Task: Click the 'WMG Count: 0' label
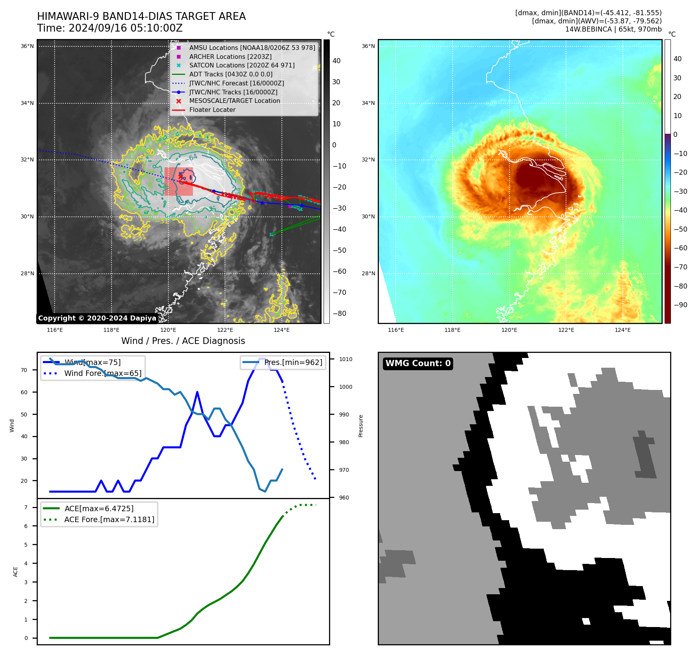pos(418,363)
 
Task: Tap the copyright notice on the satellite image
pos(97,318)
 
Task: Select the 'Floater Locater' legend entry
pos(212,110)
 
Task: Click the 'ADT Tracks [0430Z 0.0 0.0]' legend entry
pos(231,74)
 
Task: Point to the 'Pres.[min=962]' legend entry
pos(293,363)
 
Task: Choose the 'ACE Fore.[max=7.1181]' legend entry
pos(109,519)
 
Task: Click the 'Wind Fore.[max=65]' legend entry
pos(103,373)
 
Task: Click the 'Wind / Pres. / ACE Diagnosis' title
pos(183,341)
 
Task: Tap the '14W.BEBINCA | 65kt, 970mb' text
pos(613,29)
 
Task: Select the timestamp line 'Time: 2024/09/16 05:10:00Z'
pos(110,28)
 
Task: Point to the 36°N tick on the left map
pos(27,46)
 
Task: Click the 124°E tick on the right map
pos(623,330)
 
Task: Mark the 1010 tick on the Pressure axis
pos(345,359)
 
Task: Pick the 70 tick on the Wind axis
pos(24,370)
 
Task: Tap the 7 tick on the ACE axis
pos(26,507)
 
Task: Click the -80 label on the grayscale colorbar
pos(339,314)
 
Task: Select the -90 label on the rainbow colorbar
pos(681,305)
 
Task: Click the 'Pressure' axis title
pos(361,426)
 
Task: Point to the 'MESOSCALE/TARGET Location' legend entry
pos(235,101)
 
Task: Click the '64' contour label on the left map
pos(193,157)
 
